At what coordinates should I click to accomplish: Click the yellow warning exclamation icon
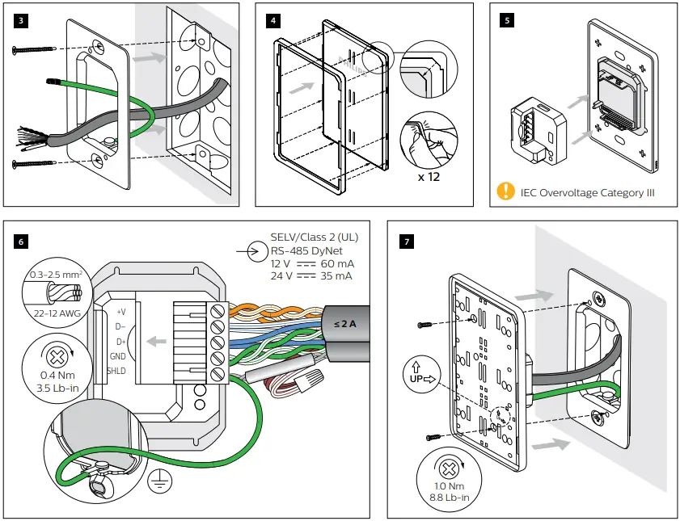point(505,191)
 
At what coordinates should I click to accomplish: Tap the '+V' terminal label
point(121,310)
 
